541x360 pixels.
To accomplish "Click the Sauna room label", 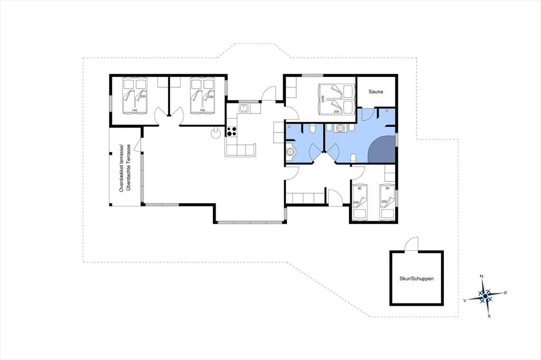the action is [376, 92].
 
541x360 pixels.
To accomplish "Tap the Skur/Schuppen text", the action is [416, 279].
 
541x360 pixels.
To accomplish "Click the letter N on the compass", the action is [481, 276].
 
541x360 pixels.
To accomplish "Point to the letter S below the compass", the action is [489, 316].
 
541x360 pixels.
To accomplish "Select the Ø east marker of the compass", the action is [505, 292].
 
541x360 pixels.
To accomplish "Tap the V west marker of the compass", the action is [465, 300].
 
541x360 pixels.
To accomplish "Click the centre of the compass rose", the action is [485, 296].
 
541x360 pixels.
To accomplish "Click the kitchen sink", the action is [244, 108].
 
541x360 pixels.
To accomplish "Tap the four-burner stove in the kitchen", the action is [231, 131].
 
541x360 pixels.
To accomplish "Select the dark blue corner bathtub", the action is [383, 149].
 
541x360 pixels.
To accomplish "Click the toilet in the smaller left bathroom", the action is [312, 129].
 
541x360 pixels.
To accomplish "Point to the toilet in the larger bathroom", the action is [352, 158].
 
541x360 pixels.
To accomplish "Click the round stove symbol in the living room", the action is [216, 133].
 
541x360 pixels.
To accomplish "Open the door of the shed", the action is [411, 244].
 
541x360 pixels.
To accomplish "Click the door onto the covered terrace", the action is [138, 144].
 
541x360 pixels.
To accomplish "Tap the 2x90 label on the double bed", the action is [323, 99].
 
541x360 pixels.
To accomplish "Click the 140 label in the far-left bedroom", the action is [135, 110].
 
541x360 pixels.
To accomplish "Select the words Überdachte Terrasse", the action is [128, 167].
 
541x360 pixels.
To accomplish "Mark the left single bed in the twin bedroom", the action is [360, 202].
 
